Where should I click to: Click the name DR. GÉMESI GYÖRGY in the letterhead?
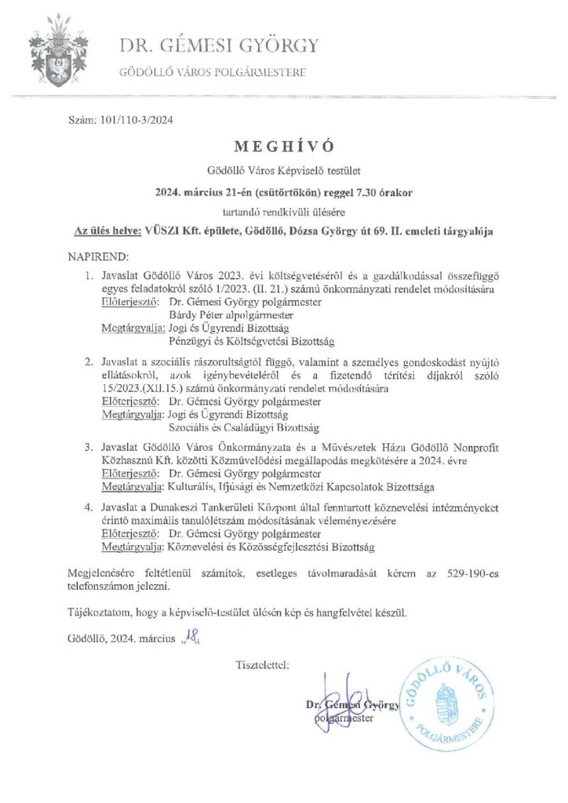219,46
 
